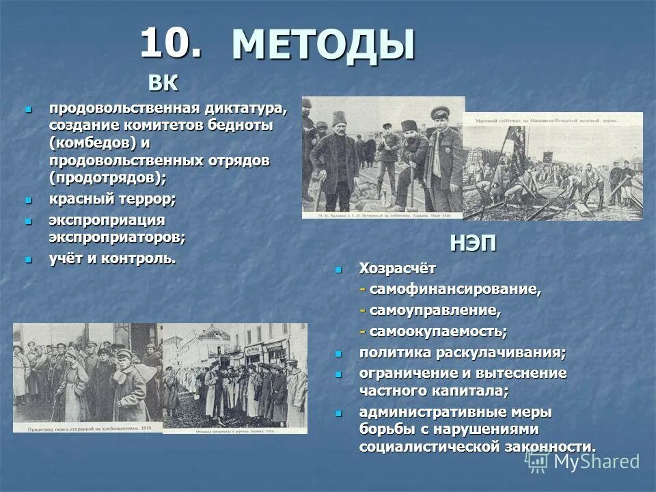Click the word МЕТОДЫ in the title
[323, 46]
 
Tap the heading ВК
[163, 84]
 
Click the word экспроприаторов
[116, 237]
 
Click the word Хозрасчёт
[397, 269]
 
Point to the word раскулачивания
[505, 353]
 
